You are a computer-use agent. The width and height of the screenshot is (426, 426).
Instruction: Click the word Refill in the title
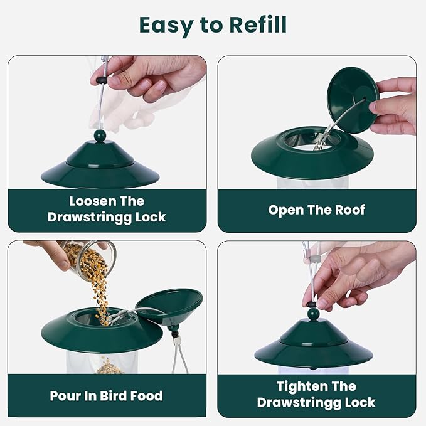[x=250, y=25]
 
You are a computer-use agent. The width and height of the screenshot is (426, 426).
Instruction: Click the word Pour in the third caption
[x=68, y=396]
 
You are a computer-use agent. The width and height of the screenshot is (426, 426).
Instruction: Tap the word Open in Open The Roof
[x=286, y=210]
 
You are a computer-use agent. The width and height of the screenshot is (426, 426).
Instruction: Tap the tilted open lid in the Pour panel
[x=169, y=304]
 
